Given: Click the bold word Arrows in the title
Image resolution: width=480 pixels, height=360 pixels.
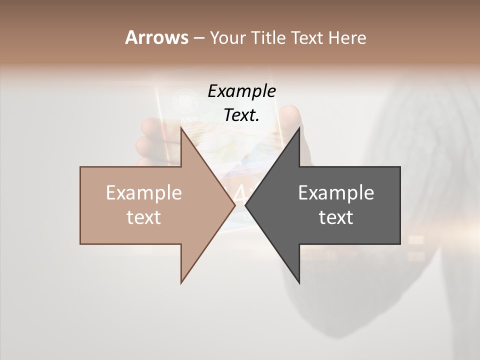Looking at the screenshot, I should [x=156, y=37].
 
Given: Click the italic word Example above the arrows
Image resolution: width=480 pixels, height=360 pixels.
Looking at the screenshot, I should [x=241, y=91].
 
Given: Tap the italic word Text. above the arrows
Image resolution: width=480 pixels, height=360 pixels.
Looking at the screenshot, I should [x=241, y=115].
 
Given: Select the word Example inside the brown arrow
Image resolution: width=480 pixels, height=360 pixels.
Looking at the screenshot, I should [x=144, y=193].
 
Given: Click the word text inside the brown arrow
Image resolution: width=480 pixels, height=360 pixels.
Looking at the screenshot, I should [x=144, y=217].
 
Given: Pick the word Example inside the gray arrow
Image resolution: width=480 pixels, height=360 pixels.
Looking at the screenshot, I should [x=336, y=193].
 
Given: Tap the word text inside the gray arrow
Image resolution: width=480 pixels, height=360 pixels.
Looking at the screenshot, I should [x=336, y=217].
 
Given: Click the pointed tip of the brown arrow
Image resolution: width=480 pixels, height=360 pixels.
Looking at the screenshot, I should [x=235, y=205].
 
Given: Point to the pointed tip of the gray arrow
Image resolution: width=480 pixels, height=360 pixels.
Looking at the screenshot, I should [x=245, y=205].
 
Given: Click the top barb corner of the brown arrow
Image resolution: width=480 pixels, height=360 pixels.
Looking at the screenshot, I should [x=181, y=128].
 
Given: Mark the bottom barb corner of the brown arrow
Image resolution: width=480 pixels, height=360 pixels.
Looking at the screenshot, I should [x=181, y=283].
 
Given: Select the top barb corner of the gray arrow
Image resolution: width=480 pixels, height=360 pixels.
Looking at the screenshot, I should [x=299, y=128].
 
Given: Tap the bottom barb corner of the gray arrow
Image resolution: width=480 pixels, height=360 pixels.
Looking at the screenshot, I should [x=299, y=283].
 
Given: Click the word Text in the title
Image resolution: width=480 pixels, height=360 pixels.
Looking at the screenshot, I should [x=307, y=37].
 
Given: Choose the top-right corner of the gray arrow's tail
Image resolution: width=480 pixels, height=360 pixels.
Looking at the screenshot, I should [x=400, y=167].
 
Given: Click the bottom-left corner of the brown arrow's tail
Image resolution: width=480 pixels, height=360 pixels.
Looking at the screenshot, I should [x=80, y=244].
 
